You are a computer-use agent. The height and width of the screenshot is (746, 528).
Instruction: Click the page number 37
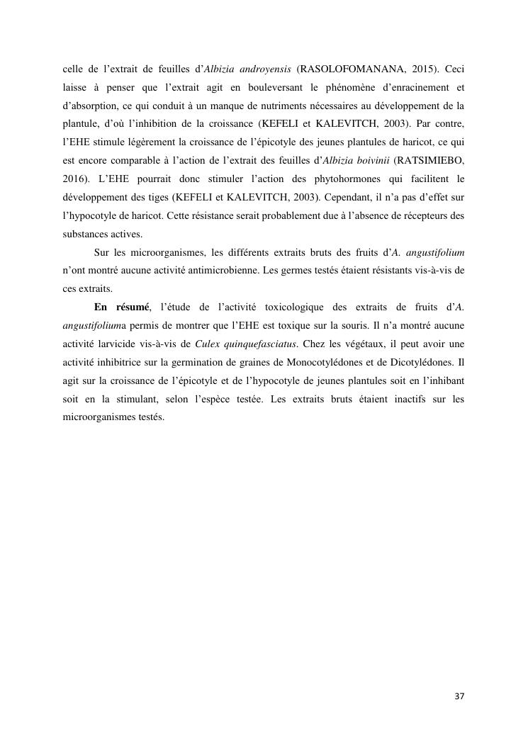(459, 696)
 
